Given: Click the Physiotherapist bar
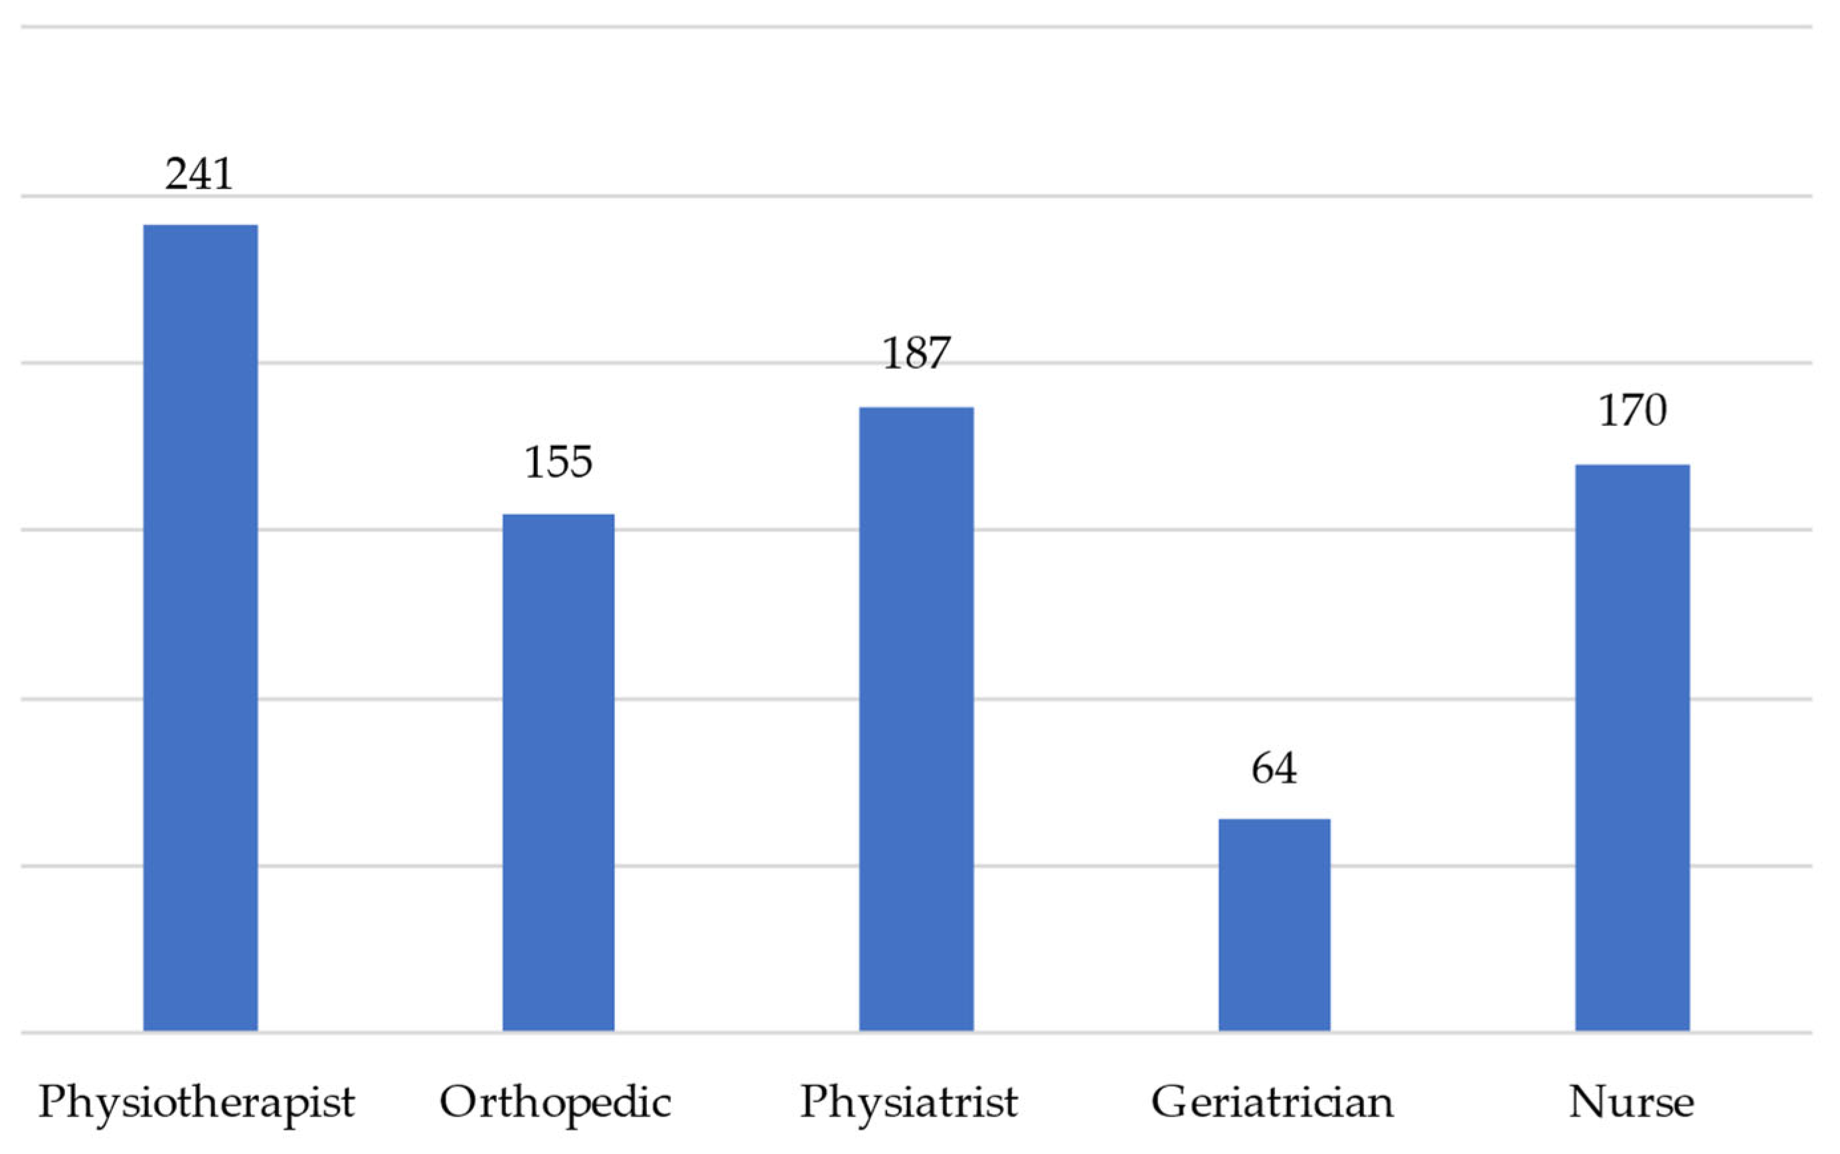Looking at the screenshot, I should (200, 627).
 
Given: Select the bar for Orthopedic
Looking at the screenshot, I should (558, 772).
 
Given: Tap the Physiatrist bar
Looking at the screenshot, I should (916, 719).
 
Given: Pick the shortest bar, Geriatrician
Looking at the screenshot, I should (1274, 924).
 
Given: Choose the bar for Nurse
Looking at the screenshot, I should (1632, 748).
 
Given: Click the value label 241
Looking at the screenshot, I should (199, 174).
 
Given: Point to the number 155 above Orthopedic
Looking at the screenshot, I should (558, 462).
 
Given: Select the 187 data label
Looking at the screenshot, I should (916, 352).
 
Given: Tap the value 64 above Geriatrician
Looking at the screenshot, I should (1274, 768).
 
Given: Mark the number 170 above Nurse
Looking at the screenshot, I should (1632, 411).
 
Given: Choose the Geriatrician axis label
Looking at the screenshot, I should (1272, 1102).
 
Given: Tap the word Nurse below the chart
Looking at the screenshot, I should (1631, 1102).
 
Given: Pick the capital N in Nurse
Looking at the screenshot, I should (1588, 1102).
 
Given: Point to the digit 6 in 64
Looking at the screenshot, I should (1262, 768).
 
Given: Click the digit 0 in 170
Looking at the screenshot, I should (1653, 411).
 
